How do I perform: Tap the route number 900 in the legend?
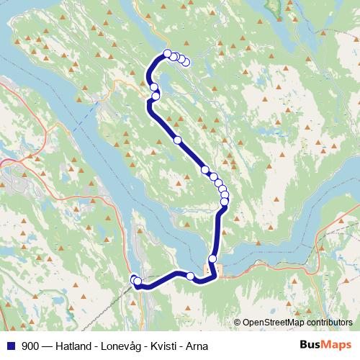click(x=30, y=346)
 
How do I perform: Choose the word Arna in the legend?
click(x=194, y=346)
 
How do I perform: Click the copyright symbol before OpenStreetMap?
click(x=238, y=323)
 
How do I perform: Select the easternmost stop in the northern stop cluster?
click(x=186, y=62)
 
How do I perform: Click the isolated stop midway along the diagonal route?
click(x=177, y=140)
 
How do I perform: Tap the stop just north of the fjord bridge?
click(x=212, y=258)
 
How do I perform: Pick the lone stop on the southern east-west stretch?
click(x=190, y=276)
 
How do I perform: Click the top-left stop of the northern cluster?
click(x=168, y=53)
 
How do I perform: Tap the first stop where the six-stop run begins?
click(x=205, y=170)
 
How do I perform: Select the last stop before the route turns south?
click(x=224, y=202)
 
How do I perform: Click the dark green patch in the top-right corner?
click(x=275, y=7)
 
